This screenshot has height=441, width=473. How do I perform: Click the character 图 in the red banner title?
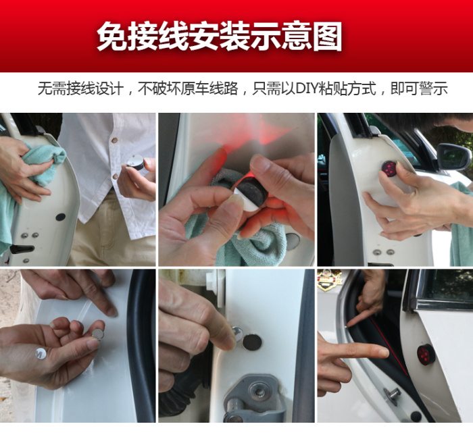[327, 36]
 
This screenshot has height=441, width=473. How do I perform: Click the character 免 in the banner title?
[112, 36]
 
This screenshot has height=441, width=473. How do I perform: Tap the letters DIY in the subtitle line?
[307, 88]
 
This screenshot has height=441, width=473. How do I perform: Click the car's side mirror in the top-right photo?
[453, 157]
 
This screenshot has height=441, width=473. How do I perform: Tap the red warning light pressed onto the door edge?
[389, 169]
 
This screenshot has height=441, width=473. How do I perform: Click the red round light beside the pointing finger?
[426, 355]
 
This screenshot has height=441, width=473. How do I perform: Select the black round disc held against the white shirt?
[135, 162]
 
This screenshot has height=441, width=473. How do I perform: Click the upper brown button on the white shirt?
[114, 140]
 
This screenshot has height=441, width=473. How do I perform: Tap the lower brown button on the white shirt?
[115, 176]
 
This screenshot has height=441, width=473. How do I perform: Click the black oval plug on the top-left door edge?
[61, 217]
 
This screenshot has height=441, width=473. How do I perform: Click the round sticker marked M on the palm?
[41, 353]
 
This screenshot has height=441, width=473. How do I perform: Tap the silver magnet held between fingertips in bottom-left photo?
[98, 334]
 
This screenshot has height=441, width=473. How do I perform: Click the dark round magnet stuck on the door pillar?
[251, 342]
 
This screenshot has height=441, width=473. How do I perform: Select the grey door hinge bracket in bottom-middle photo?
[255, 398]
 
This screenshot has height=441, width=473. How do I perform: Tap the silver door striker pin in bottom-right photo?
[393, 395]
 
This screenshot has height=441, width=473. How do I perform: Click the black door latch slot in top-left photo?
[22, 249]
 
